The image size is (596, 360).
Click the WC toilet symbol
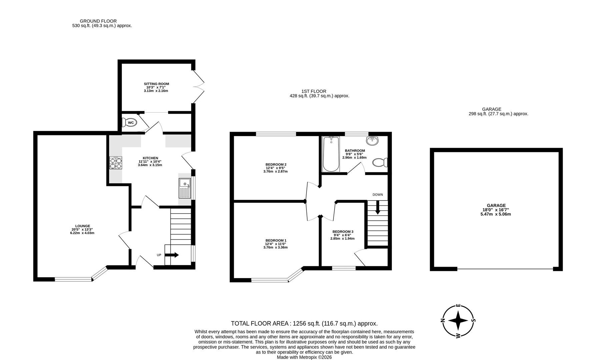[129, 123]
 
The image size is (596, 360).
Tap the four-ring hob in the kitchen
[116, 163]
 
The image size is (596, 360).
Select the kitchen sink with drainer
[184, 189]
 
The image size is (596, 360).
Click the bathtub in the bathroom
[331, 154]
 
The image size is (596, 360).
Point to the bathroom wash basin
[372, 141]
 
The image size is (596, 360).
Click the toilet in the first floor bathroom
[380, 163]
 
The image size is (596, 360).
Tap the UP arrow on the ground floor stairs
[172, 255]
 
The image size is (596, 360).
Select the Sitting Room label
[156, 84]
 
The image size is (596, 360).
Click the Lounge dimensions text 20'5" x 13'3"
[80, 229]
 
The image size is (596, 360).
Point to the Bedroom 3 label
[343, 232]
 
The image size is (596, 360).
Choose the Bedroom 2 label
[276, 164]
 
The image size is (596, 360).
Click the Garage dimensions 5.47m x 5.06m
[496, 214]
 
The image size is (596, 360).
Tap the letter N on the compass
[443, 321]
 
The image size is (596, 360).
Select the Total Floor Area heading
[304, 323]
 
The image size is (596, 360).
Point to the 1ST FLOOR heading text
[314, 91]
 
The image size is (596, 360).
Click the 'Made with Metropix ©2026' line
[304, 357]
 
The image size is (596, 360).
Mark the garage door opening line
[505, 269]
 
